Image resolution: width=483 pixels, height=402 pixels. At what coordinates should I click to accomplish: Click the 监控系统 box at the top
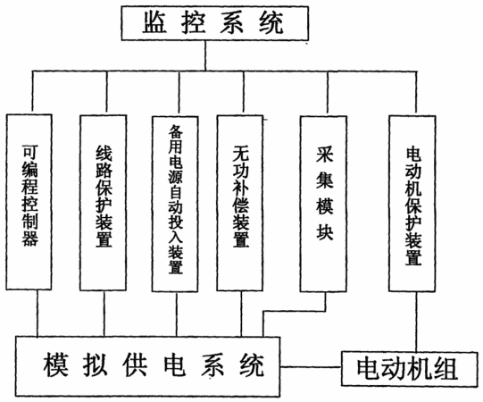pyautogui.click(x=215, y=23)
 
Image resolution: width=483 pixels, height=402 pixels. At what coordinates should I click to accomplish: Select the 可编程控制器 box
pyautogui.click(x=29, y=202)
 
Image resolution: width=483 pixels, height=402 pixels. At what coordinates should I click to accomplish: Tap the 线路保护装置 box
pyautogui.click(x=104, y=203)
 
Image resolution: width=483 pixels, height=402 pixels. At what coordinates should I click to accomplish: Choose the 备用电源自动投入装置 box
pyautogui.click(x=175, y=204)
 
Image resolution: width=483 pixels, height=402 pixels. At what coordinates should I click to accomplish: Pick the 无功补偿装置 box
pyautogui.click(x=240, y=203)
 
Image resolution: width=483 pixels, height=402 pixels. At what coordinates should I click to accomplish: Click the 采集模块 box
pyautogui.click(x=323, y=204)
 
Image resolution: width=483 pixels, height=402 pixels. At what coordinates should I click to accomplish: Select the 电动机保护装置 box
pyautogui.click(x=412, y=204)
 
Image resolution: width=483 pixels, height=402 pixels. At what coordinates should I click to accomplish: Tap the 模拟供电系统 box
pyautogui.click(x=148, y=366)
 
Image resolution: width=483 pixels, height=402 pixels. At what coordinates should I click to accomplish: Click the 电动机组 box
pyautogui.click(x=409, y=369)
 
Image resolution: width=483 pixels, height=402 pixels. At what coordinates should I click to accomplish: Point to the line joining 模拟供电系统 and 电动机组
pyautogui.click(x=311, y=367)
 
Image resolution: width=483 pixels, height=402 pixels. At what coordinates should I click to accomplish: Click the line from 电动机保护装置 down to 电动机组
pyautogui.click(x=416, y=322)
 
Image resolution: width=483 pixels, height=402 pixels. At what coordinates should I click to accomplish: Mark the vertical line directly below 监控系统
pyautogui.click(x=205, y=55)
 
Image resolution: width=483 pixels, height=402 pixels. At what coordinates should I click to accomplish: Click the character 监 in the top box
pyautogui.click(x=154, y=22)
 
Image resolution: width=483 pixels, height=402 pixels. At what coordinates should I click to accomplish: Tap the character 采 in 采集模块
pyautogui.click(x=324, y=155)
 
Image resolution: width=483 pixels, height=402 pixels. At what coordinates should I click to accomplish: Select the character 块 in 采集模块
pyautogui.click(x=324, y=231)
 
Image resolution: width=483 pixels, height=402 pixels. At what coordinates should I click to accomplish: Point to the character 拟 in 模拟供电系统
pyautogui.click(x=95, y=365)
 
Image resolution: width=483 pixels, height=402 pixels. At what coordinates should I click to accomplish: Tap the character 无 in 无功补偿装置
pyautogui.click(x=240, y=154)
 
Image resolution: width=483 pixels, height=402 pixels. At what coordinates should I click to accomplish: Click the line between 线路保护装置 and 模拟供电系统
pyautogui.click(x=104, y=314)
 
